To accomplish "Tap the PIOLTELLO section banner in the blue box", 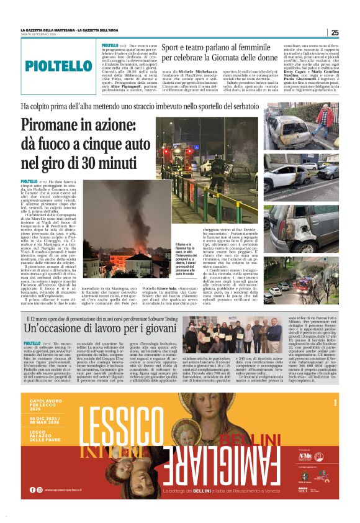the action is coord(58,65).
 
